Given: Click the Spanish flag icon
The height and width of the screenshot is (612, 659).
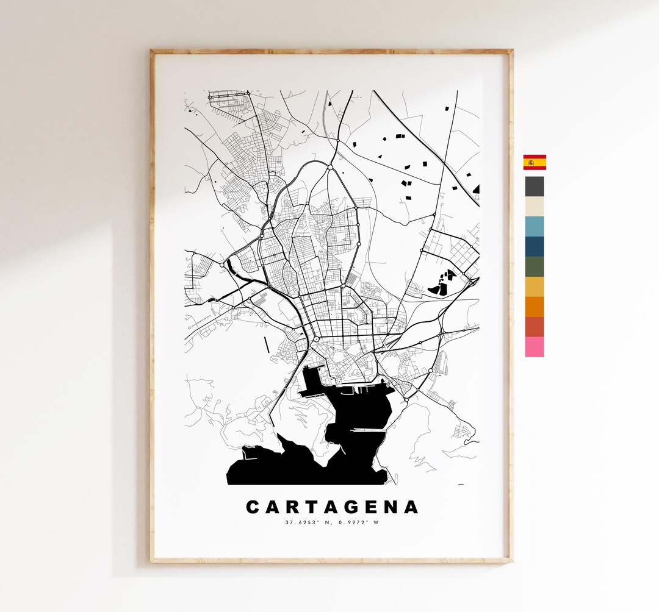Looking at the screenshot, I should (x=535, y=162).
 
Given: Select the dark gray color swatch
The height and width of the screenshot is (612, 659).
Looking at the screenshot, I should (x=535, y=186).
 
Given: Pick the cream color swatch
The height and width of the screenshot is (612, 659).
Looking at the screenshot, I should (x=535, y=206).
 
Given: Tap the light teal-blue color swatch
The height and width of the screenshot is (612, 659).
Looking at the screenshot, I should (x=535, y=226).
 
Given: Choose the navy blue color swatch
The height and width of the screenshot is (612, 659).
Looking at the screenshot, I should (x=535, y=246).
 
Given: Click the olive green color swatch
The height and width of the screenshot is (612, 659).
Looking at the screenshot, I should (x=535, y=266).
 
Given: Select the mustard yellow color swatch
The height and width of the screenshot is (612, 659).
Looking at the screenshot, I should (x=535, y=286).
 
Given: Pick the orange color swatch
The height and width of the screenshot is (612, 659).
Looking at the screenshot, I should (x=535, y=307).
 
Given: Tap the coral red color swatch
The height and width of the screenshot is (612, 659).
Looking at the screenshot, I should (x=535, y=327).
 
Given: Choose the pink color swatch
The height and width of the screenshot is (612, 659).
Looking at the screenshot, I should (x=535, y=347).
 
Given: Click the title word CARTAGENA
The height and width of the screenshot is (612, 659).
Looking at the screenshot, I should (x=333, y=507).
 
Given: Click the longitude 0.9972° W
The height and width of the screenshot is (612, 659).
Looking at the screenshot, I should (x=358, y=522).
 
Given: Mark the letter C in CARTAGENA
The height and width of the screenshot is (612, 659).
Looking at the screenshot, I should (x=253, y=507).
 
